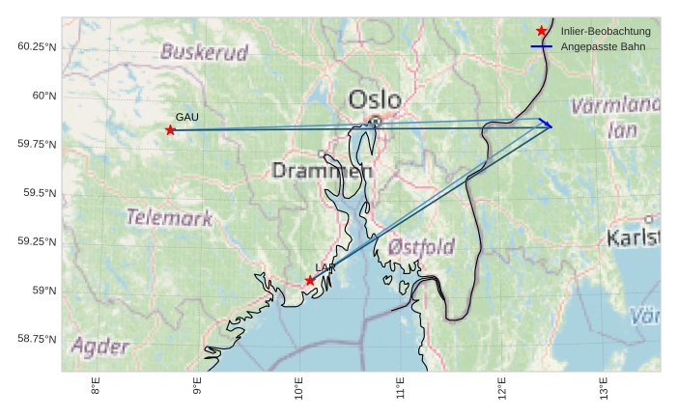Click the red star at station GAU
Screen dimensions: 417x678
click(170, 130)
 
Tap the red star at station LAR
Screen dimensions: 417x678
click(310, 281)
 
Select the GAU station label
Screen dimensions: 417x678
click(186, 117)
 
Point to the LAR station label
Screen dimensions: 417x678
click(324, 267)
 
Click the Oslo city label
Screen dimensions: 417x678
click(375, 99)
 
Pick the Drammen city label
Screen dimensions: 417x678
click(322, 171)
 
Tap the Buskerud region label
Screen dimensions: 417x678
click(204, 51)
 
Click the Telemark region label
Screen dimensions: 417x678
click(169, 217)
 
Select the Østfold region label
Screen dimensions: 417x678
click(421, 247)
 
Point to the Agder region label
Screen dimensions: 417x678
click(99, 345)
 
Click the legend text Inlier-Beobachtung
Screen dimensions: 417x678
click(606, 32)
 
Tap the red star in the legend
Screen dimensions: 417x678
click(541, 32)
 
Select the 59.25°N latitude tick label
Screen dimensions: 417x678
click(37, 241)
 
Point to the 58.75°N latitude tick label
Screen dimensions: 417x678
click(37, 339)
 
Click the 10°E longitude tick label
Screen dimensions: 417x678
click(299, 391)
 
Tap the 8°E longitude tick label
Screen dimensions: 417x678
click(97, 389)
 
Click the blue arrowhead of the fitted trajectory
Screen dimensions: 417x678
click(548, 125)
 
